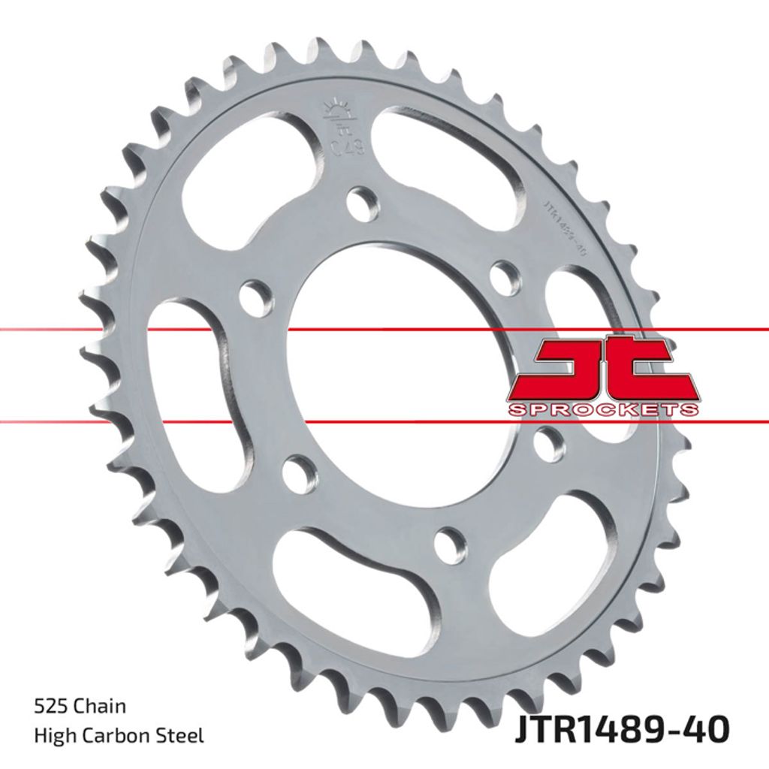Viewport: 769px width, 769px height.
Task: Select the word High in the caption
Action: (x=53, y=736)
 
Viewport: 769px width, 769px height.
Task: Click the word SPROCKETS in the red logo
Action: (x=603, y=410)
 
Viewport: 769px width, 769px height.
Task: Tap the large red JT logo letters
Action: (x=603, y=369)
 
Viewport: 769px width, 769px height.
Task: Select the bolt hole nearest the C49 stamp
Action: (x=364, y=203)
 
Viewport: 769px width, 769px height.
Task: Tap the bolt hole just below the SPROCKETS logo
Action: (x=550, y=445)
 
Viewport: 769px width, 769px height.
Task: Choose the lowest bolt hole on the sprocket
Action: (x=450, y=544)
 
